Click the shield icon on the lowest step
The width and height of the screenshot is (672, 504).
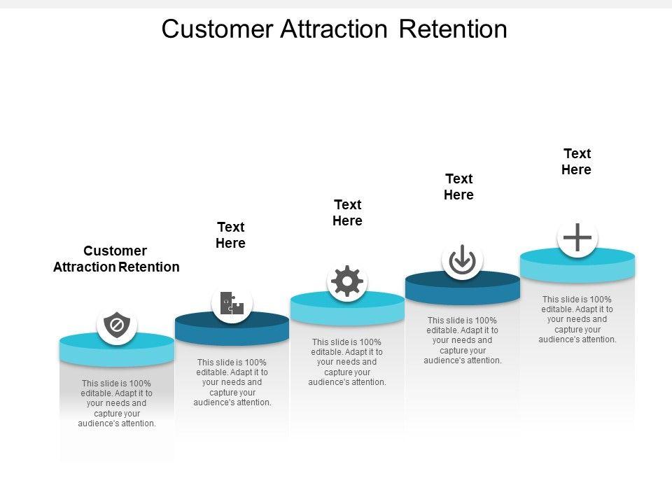click(x=117, y=325)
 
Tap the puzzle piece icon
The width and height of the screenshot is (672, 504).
click(x=232, y=303)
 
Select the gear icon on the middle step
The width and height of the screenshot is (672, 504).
click(x=347, y=281)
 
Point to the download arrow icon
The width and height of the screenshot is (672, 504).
click(x=462, y=260)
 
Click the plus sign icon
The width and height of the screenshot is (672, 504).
click(x=577, y=237)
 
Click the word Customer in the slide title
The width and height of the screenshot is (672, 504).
click(x=217, y=29)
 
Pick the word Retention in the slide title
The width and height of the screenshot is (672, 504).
click(x=453, y=29)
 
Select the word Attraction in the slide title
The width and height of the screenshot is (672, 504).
click(x=334, y=29)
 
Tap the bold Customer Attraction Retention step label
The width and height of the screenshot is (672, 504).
click(x=116, y=259)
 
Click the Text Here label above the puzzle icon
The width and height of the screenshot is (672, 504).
click(x=230, y=235)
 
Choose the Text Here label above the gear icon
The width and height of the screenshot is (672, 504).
click(x=348, y=213)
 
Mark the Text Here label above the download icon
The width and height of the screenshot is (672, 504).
click(x=458, y=186)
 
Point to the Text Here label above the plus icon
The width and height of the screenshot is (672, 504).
click(x=576, y=161)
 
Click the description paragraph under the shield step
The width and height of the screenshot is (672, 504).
click(x=117, y=403)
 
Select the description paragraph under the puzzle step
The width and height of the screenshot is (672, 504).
click(x=232, y=382)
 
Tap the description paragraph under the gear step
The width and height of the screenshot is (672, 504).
click(x=347, y=362)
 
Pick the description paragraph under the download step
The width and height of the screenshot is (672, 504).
click(x=463, y=340)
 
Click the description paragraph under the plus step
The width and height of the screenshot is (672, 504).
click(x=577, y=319)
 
